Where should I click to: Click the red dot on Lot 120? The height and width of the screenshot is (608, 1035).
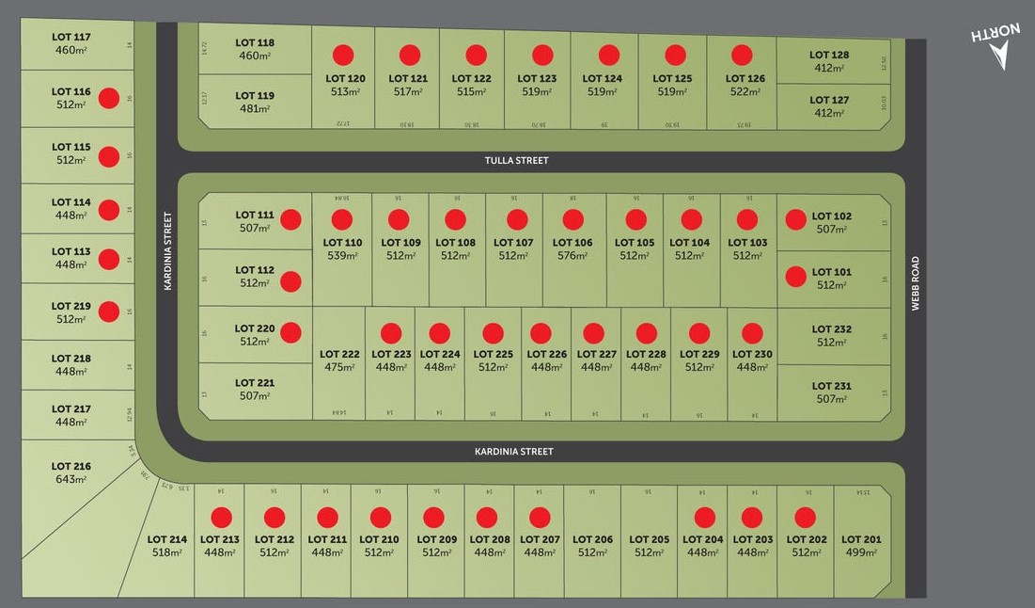tap(343, 55)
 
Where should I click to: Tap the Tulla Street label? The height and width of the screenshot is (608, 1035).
tap(516, 161)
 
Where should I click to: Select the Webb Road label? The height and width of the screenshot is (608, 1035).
tap(915, 283)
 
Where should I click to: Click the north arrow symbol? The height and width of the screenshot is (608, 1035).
tap(996, 46)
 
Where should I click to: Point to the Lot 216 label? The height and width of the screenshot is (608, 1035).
tap(71, 466)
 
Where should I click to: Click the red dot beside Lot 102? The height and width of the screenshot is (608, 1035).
tap(795, 219)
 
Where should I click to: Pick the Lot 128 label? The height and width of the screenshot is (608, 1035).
tap(829, 55)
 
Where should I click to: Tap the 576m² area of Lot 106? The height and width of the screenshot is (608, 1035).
tap(573, 256)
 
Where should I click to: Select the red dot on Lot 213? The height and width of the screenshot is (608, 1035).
tap(221, 517)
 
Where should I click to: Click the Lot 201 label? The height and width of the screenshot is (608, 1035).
tap(860, 539)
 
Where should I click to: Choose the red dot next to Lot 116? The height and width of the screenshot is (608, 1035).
tap(109, 97)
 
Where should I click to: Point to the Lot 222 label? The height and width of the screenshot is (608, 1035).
tap(339, 355)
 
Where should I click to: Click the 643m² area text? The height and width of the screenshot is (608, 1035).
tap(71, 480)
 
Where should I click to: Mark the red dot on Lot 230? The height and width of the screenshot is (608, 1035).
tap(752, 333)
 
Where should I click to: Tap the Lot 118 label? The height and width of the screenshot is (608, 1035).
tap(255, 42)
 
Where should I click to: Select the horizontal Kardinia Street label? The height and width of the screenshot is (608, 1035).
tap(513, 452)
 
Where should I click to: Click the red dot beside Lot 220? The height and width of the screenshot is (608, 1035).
tap(290, 332)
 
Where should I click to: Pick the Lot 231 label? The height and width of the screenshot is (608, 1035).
tap(832, 386)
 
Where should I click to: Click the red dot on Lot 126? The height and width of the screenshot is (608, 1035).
tap(742, 55)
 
